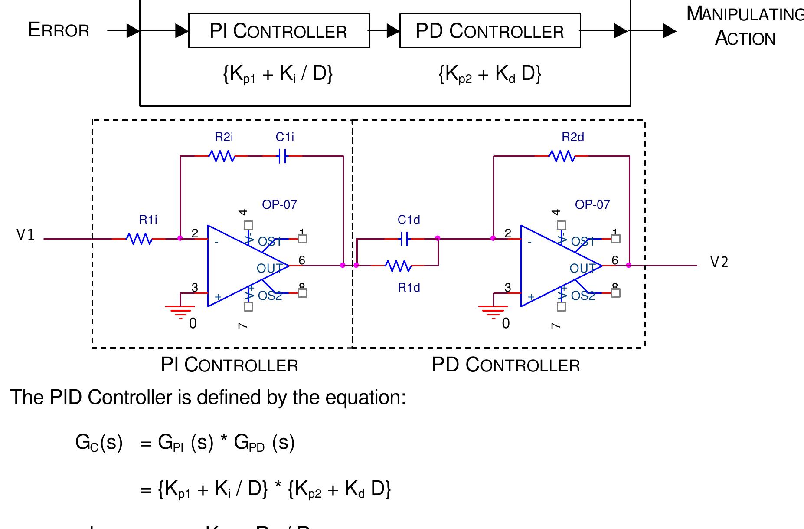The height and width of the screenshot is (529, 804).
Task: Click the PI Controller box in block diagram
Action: (x=278, y=31)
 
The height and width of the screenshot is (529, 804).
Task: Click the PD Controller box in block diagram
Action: (x=490, y=31)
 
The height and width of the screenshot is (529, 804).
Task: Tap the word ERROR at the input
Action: (x=59, y=30)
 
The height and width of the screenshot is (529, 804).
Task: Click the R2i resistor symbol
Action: (x=222, y=156)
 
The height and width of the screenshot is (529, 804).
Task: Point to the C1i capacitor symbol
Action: (x=282, y=156)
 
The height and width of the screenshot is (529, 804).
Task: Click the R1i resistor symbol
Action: (x=139, y=239)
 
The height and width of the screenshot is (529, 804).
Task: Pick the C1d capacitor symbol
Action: (x=404, y=239)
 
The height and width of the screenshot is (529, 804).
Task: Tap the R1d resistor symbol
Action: (x=398, y=266)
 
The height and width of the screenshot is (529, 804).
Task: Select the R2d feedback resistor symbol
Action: (x=562, y=156)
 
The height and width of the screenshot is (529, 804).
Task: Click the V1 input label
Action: (x=25, y=235)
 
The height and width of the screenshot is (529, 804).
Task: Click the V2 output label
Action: (x=719, y=262)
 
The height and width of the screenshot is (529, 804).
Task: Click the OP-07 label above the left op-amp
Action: (x=279, y=204)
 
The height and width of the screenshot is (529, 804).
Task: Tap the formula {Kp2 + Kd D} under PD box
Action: (x=490, y=74)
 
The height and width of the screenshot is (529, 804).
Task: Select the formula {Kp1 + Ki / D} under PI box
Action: (x=278, y=74)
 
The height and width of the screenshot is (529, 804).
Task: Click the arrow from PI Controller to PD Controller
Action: (x=385, y=31)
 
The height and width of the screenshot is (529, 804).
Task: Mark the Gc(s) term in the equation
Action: (x=99, y=443)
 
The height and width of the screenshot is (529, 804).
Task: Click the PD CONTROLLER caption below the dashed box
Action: (x=506, y=365)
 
